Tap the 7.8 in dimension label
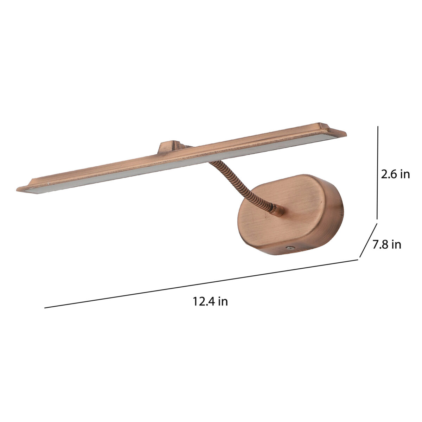click(x=387, y=244)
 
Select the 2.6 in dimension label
click(x=395, y=174)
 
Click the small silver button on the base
click(x=290, y=248)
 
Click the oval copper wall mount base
click(x=290, y=215)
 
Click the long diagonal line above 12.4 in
click(x=201, y=284)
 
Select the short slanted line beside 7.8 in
click(x=368, y=240)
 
